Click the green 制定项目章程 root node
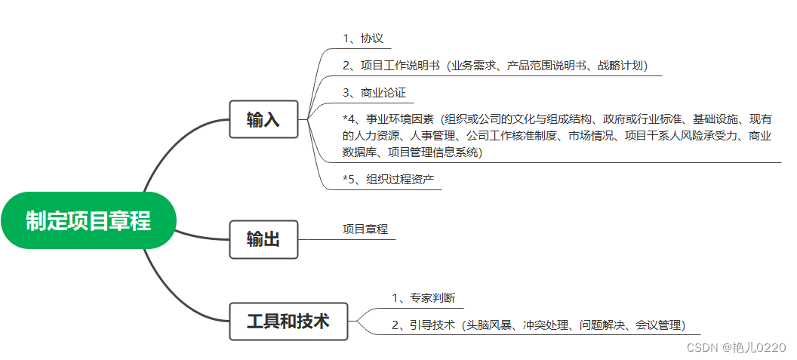(88, 220)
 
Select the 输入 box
(263, 119)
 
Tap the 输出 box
(263, 239)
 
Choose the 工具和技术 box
(288, 321)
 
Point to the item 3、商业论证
(374, 93)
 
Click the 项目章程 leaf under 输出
(365, 229)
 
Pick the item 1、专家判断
(423, 298)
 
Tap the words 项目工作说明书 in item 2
(400, 66)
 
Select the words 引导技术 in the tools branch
(432, 325)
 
